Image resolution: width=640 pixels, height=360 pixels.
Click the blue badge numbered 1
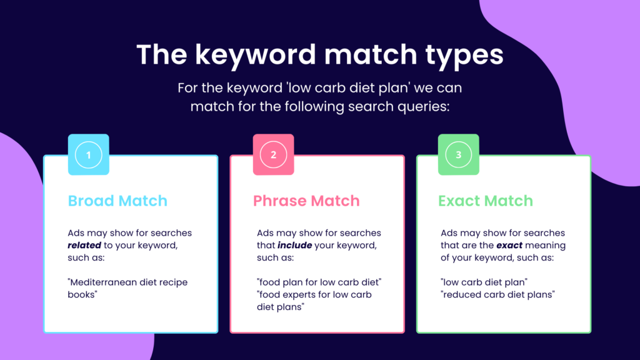(x=89, y=155)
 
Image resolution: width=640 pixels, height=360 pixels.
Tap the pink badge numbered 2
(x=274, y=155)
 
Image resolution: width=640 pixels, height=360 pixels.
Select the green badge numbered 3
(x=458, y=155)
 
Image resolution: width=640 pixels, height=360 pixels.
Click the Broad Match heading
(x=117, y=201)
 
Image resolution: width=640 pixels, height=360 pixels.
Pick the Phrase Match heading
(x=306, y=201)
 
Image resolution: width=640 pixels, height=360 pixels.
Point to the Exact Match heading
(x=485, y=201)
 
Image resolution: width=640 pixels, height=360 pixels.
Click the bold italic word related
(x=84, y=245)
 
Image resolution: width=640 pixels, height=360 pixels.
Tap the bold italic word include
(x=295, y=245)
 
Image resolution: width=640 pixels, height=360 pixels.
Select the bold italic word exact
(x=509, y=245)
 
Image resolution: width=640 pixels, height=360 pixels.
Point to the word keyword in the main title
(x=256, y=55)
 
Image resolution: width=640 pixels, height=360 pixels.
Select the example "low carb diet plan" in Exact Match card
(x=484, y=282)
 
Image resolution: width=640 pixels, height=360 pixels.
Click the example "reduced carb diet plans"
(x=497, y=295)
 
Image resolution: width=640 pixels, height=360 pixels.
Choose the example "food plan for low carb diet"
(x=319, y=282)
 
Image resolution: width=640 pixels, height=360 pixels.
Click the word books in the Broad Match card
(x=82, y=294)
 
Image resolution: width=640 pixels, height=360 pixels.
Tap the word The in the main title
(x=162, y=54)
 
